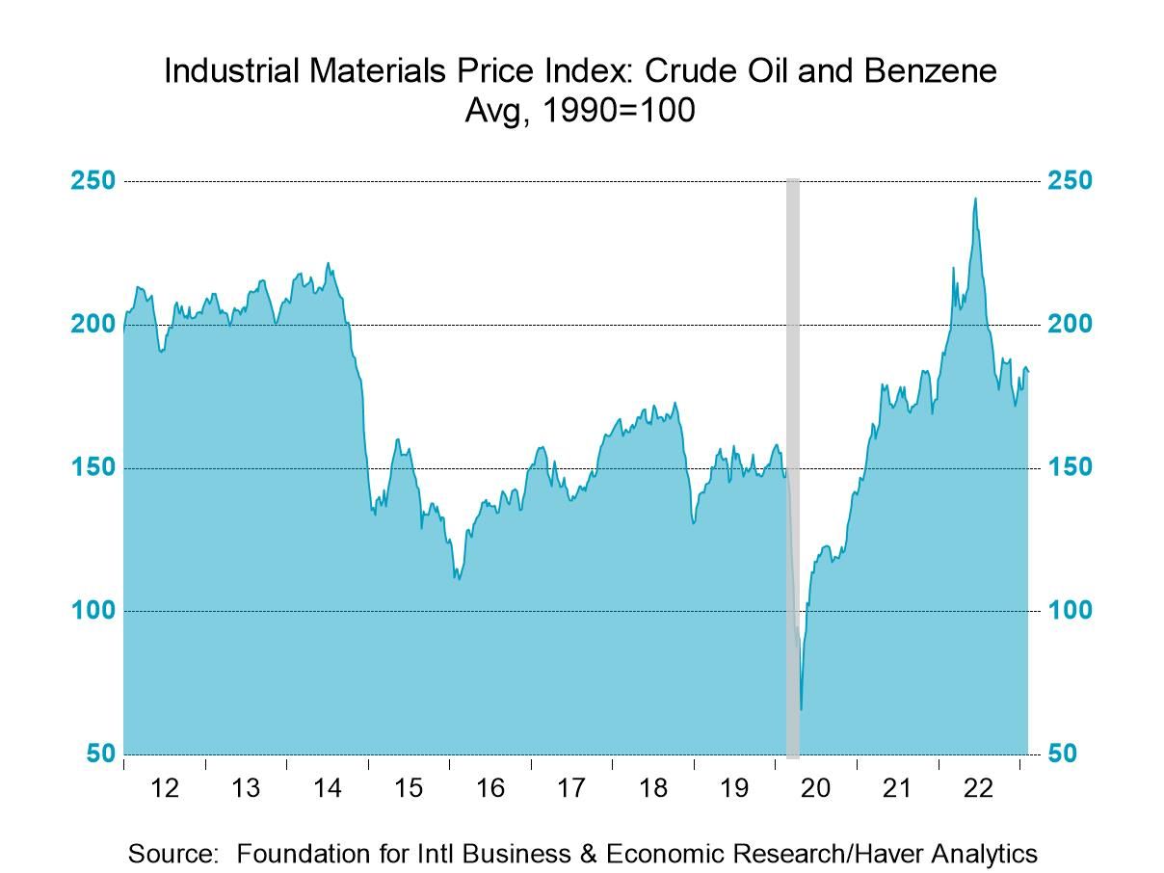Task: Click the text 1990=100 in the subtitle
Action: click(617, 110)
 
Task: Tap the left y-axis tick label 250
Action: click(93, 181)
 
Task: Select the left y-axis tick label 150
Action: click(93, 467)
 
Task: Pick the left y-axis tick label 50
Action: click(99, 754)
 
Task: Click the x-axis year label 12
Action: click(165, 788)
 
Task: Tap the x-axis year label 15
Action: click(409, 788)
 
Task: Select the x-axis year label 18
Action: click(652, 788)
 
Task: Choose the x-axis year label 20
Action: click(815, 788)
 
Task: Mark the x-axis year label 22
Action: click(978, 788)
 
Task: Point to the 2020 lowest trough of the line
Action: click(801, 709)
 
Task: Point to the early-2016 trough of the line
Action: click(459, 579)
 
